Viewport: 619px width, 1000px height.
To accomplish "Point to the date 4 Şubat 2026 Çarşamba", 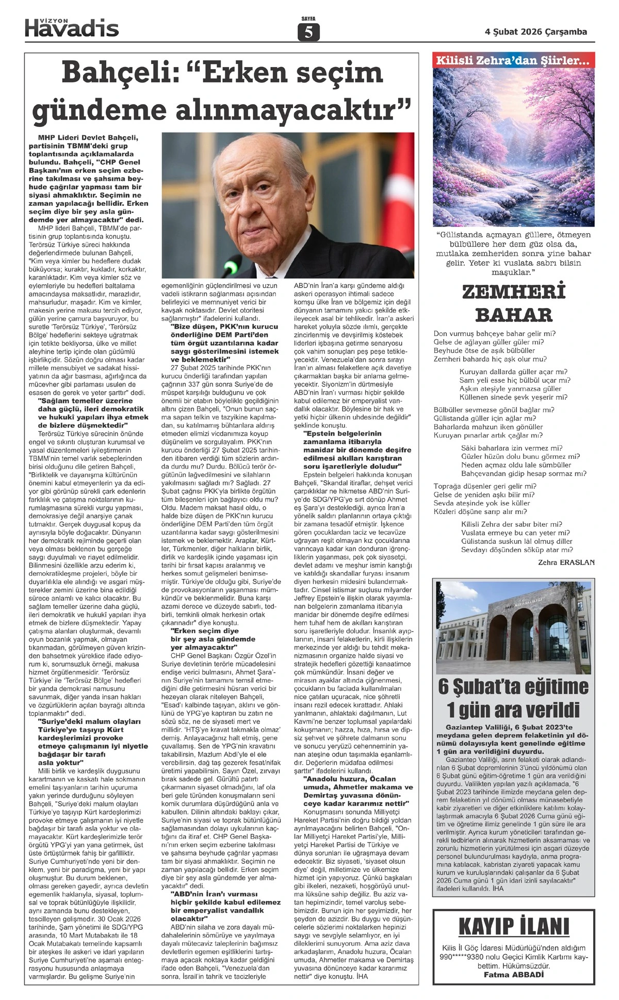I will click(x=536, y=32).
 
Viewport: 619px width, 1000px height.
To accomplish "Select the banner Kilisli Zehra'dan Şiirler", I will click(x=514, y=60).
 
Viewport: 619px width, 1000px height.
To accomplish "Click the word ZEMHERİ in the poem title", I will click(x=514, y=292).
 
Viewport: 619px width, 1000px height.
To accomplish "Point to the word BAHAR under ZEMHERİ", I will click(x=514, y=314).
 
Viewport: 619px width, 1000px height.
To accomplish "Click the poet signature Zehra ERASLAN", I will click(x=566, y=562).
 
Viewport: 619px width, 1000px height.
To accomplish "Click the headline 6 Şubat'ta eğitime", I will click(x=514, y=687).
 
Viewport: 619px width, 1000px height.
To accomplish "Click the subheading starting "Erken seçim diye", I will click(x=205, y=631).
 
